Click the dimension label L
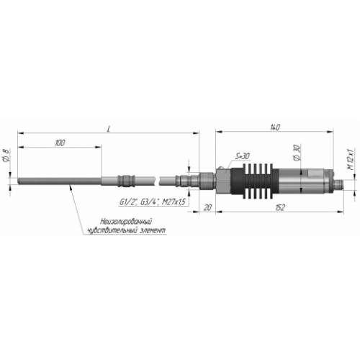109,130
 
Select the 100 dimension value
60,143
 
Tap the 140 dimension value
275,127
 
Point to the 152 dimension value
280,207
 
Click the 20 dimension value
207,207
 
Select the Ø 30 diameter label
297,153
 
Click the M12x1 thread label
351,160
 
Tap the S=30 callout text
242,156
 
